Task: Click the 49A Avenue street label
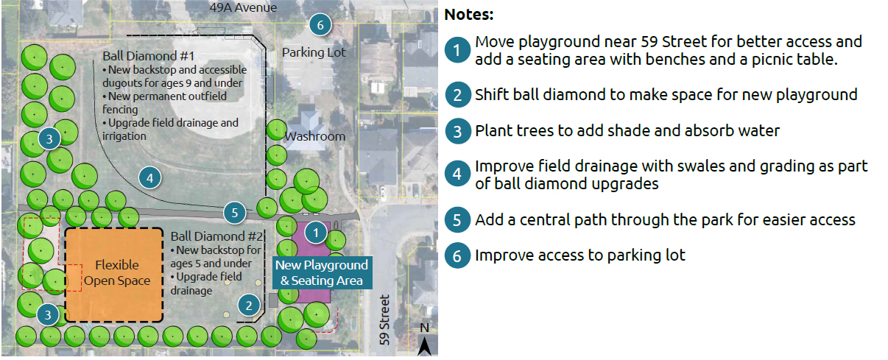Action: coord(243,7)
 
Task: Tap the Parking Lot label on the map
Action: coord(314,52)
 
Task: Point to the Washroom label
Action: coord(315,136)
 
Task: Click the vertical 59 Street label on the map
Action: coord(384,320)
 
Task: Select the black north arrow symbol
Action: coord(425,346)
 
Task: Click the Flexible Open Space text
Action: coord(117,273)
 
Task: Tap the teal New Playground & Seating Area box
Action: coord(322,272)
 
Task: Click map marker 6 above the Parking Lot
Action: coord(320,25)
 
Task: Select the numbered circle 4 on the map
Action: coord(150,178)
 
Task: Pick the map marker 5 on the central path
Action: coord(235,213)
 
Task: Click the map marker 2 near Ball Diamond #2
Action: coord(249,306)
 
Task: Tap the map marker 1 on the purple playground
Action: coord(316,233)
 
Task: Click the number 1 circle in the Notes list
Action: coord(457,50)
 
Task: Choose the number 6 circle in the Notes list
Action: coord(457,255)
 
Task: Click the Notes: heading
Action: coord(469,15)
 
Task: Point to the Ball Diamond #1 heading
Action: coord(149,56)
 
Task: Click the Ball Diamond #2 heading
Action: coord(217,236)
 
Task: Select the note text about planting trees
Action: coord(627,131)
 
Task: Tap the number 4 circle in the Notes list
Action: coord(457,174)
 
